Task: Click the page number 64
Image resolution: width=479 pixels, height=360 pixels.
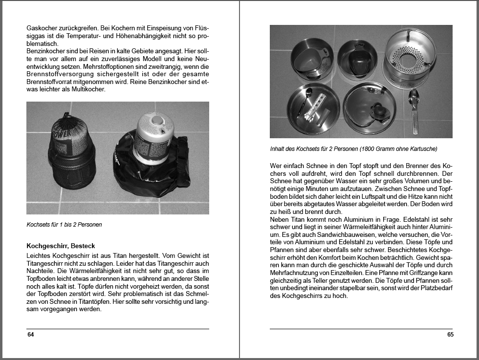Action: point(30,335)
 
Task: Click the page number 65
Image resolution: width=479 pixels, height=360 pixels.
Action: point(450,335)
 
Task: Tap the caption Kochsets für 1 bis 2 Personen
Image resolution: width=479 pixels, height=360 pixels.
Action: point(64,225)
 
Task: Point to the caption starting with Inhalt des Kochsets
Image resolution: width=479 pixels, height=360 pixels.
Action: point(353,148)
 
